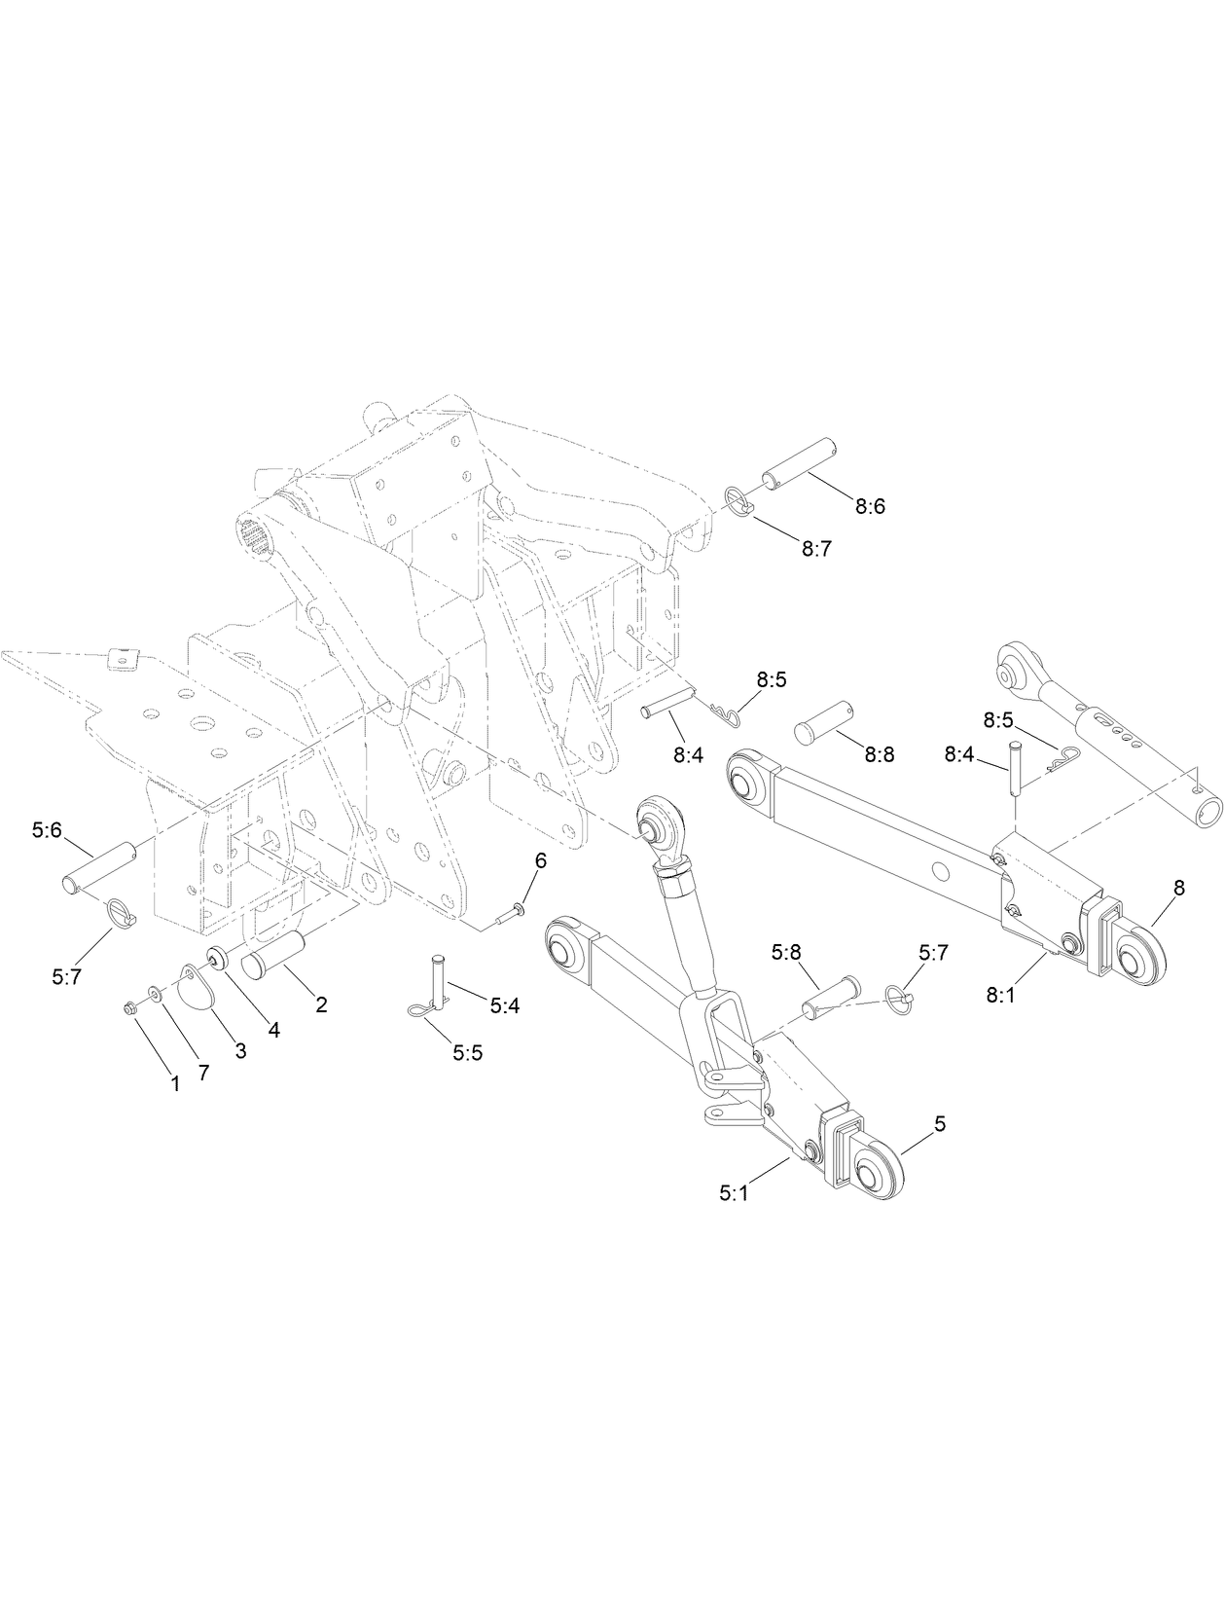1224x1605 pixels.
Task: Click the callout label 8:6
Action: click(870, 506)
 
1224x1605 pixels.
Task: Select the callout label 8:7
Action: click(816, 548)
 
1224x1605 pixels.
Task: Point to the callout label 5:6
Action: click(46, 830)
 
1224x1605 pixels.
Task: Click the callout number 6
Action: click(540, 859)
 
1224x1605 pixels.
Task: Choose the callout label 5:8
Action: click(785, 952)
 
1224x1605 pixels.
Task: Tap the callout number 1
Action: click(175, 1083)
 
